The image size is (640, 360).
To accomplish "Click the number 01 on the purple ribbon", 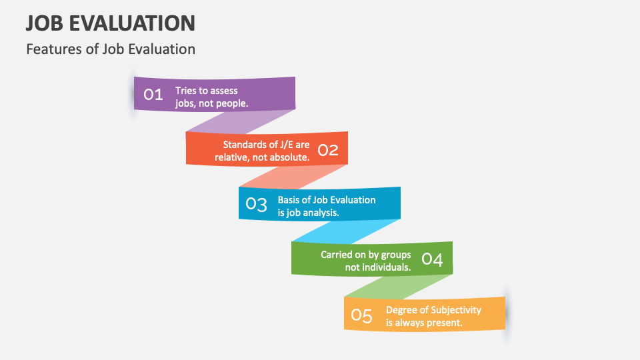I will (x=153, y=94).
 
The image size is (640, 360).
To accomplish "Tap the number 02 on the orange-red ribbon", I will (x=327, y=150).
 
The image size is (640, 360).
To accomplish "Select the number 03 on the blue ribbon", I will (x=256, y=204).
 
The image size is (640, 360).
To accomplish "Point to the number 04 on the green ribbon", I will (x=433, y=259).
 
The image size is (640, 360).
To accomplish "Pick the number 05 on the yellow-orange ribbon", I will (x=361, y=315).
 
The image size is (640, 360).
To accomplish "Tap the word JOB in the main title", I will (x=44, y=23).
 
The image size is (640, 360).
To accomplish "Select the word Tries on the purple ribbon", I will (x=187, y=91).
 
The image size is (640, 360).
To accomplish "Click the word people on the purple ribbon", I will (x=231, y=103).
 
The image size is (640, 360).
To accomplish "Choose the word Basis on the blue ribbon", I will (x=290, y=200).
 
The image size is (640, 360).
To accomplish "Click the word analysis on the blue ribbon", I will (x=319, y=213).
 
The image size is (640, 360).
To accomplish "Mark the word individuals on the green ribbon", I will (x=387, y=267).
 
